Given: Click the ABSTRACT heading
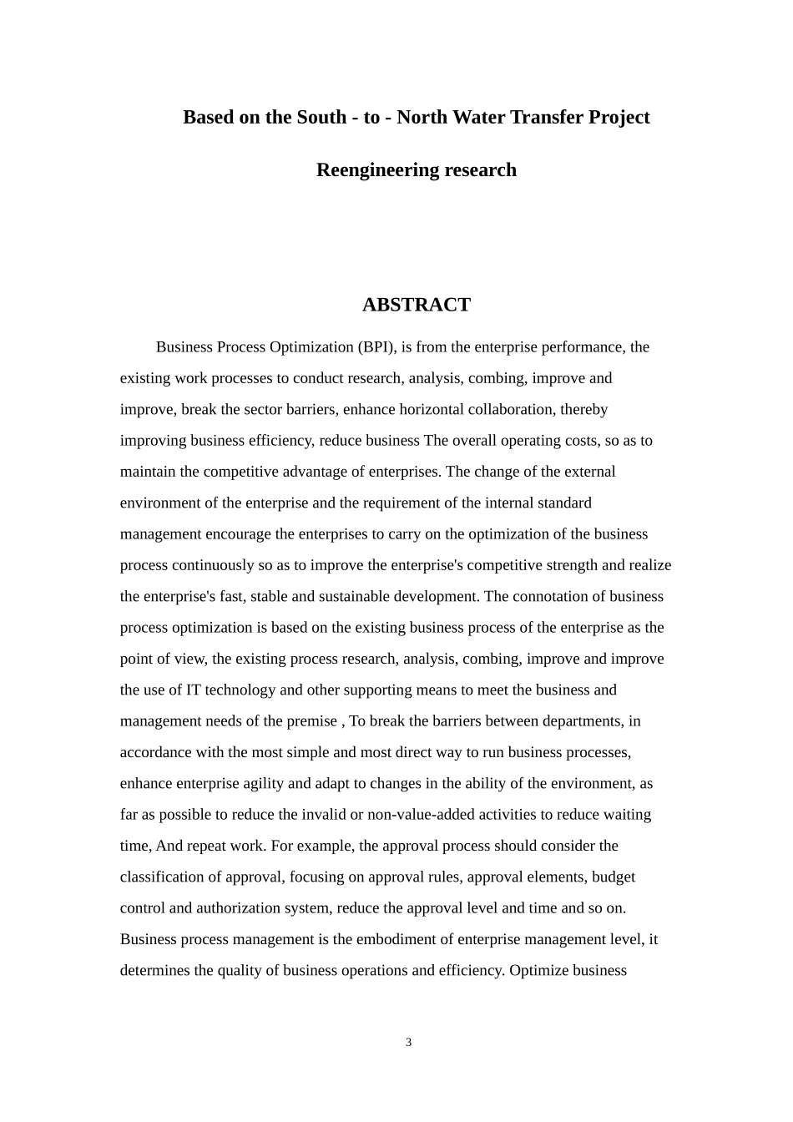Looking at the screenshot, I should click(x=416, y=305).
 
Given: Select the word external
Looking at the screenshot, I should click(x=589, y=472).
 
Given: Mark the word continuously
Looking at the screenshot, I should click(x=213, y=565).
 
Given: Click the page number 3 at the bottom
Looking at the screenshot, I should click(x=408, y=1043).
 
